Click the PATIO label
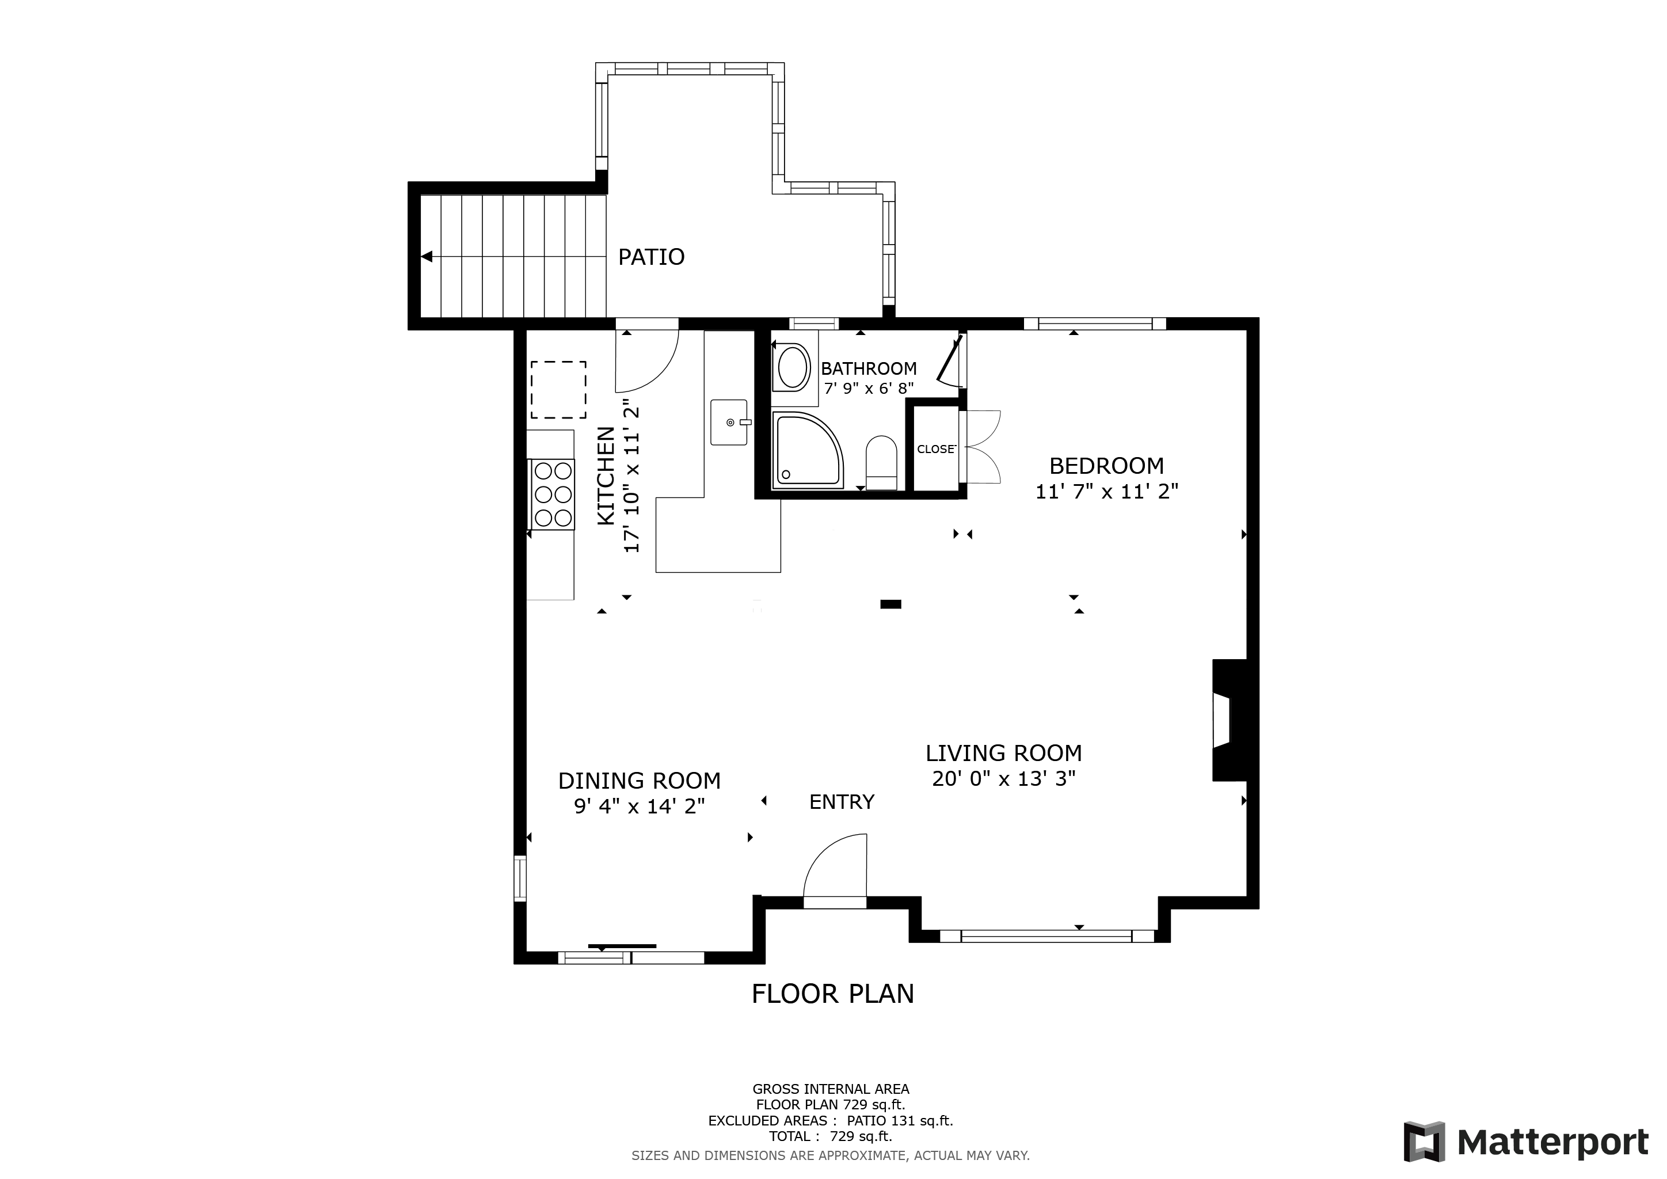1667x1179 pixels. (650, 257)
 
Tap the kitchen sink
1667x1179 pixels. (729, 422)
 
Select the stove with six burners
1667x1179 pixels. (552, 495)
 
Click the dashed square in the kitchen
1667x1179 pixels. (558, 390)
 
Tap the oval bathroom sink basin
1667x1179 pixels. (794, 367)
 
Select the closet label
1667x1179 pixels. (936, 450)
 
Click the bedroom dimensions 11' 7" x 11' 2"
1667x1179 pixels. (1106, 492)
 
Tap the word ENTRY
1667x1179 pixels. (842, 802)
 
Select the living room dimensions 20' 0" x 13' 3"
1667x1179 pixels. (1003, 779)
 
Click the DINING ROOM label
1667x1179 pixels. (639, 781)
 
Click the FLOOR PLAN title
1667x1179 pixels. (833, 994)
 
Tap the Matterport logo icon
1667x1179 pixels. (1424, 1142)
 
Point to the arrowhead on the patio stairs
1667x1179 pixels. (427, 257)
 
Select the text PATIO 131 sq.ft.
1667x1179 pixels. (900, 1121)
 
